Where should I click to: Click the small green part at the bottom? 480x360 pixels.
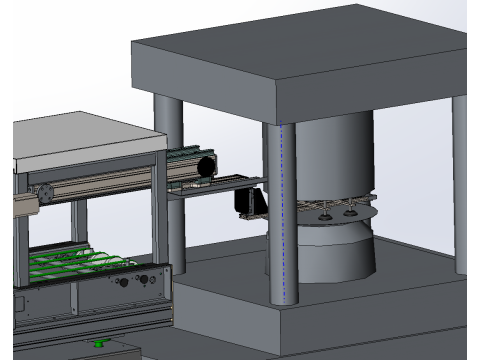[99, 345]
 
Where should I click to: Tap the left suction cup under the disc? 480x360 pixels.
[328, 211]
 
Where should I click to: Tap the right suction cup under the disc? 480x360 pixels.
[350, 211]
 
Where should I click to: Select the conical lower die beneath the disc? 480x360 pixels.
[335, 250]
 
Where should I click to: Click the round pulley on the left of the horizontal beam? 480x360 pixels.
[43, 191]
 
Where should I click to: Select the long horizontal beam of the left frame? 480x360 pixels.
[110, 183]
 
